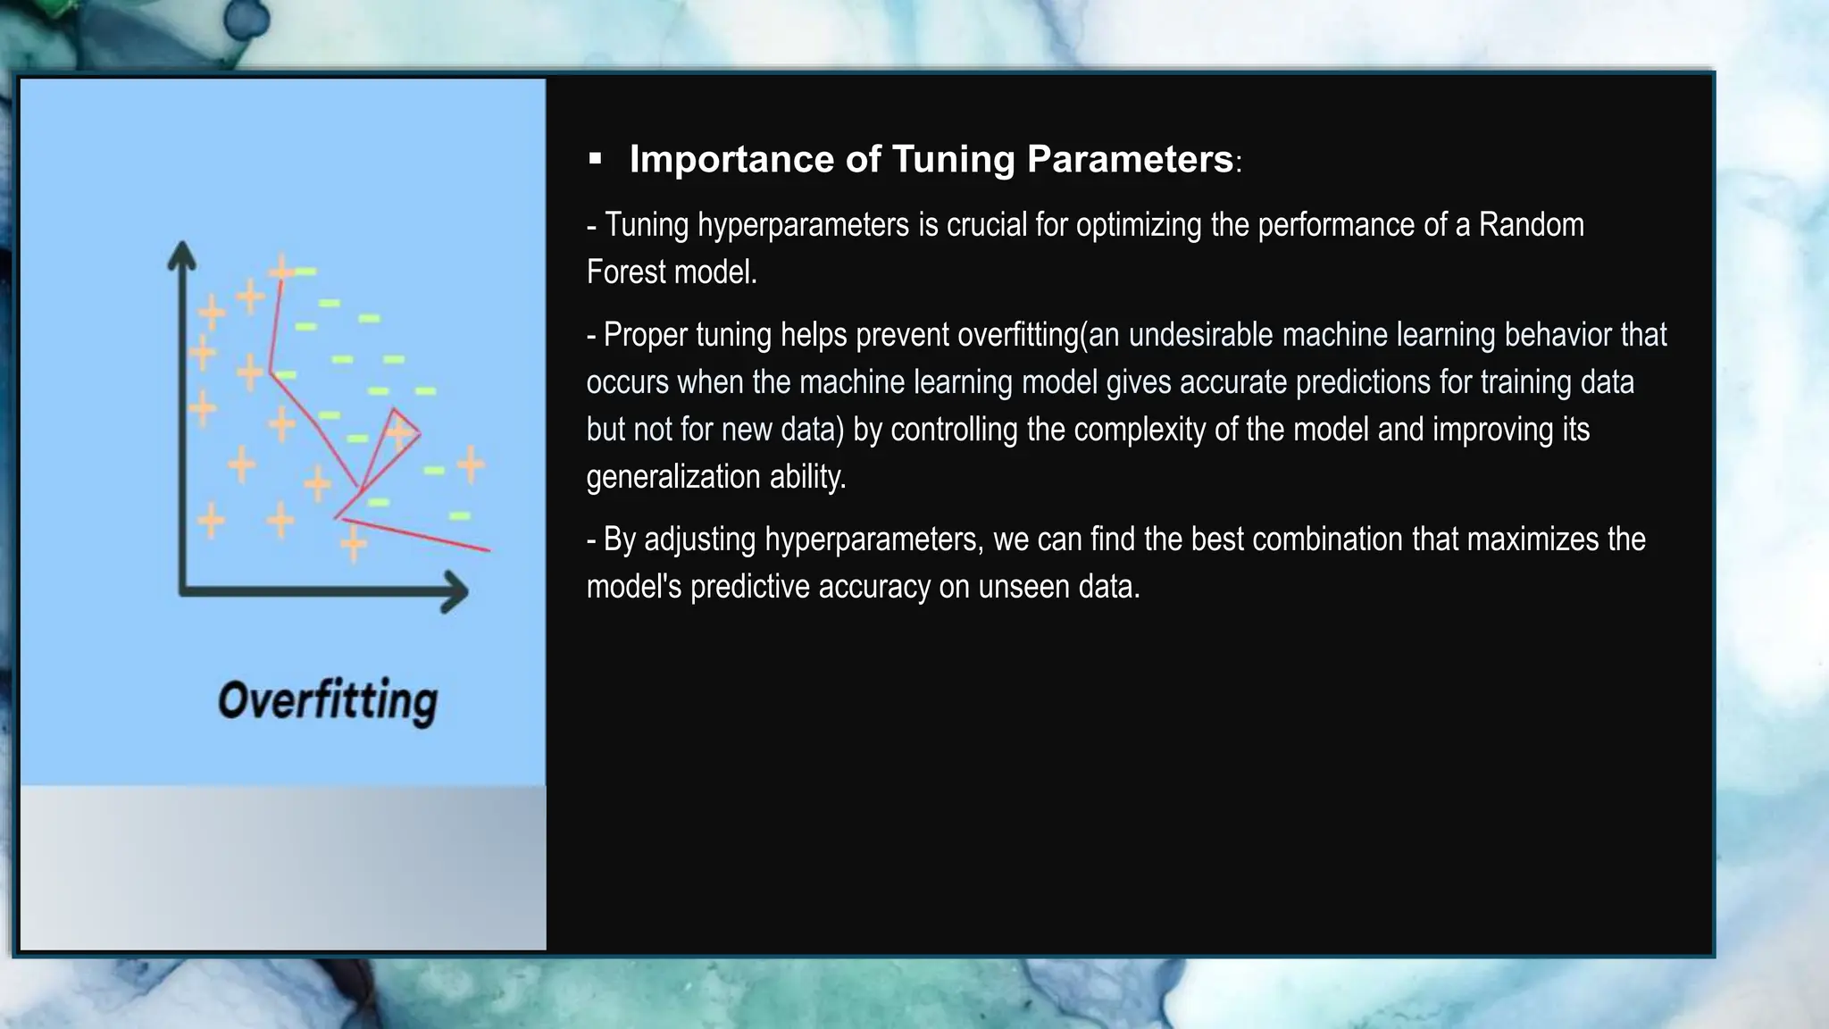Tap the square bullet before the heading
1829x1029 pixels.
[x=596, y=160]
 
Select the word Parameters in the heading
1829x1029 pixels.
[x=1130, y=159]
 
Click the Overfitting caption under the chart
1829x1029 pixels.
[x=328, y=699]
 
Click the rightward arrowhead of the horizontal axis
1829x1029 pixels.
[x=455, y=591]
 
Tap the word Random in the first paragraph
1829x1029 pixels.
[x=1531, y=224]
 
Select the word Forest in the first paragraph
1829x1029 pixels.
[x=624, y=272]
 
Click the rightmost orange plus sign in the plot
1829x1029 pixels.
[x=471, y=464]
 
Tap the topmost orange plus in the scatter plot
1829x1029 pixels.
[x=280, y=268]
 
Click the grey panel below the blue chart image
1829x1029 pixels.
[x=282, y=867]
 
